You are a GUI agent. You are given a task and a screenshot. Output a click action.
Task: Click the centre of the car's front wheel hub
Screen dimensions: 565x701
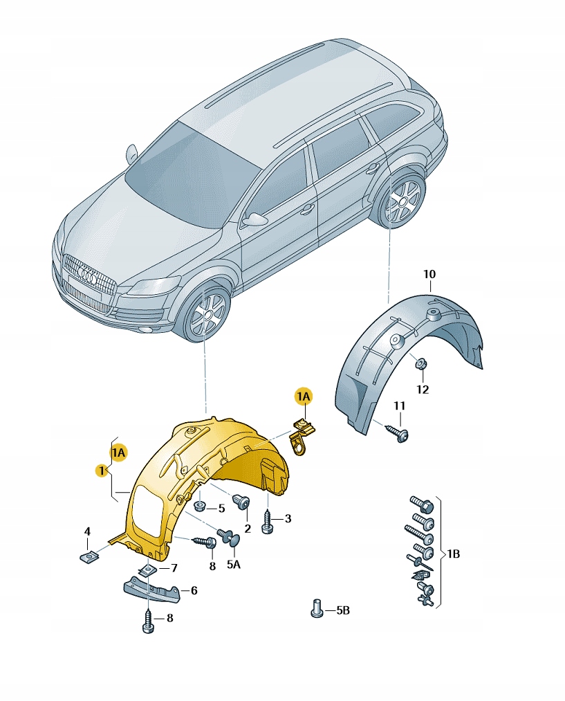207,314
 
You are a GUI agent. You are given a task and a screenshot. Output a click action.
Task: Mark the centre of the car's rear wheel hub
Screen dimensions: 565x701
400,202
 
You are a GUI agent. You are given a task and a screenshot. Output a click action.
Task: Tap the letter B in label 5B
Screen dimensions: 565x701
346,610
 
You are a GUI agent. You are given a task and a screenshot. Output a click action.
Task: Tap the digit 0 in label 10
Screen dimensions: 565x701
432,274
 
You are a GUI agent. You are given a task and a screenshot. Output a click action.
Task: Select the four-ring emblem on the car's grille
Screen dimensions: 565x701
87,275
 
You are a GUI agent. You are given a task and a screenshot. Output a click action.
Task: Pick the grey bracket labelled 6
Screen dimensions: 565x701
151,590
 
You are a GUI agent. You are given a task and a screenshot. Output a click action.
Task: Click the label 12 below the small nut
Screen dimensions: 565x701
423,390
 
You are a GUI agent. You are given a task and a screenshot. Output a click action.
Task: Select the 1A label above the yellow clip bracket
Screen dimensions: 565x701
304,397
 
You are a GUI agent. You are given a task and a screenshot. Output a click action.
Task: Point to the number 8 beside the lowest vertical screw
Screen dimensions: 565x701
169,618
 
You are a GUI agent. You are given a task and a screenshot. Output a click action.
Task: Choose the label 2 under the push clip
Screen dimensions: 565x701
248,529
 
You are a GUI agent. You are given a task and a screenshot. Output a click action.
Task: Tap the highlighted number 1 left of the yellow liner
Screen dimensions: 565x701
102,471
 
